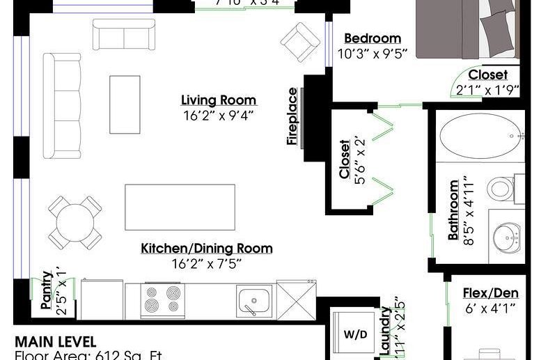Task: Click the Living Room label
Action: point(218,100)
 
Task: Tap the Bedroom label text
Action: point(372,39)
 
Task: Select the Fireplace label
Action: point(293,116)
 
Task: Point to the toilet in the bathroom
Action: point(501,188)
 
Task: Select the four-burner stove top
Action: point(162,302)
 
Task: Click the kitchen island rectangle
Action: point(180,206)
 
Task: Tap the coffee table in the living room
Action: point(125,104)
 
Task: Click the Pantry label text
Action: point(46,290)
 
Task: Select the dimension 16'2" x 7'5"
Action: point(207,264)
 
